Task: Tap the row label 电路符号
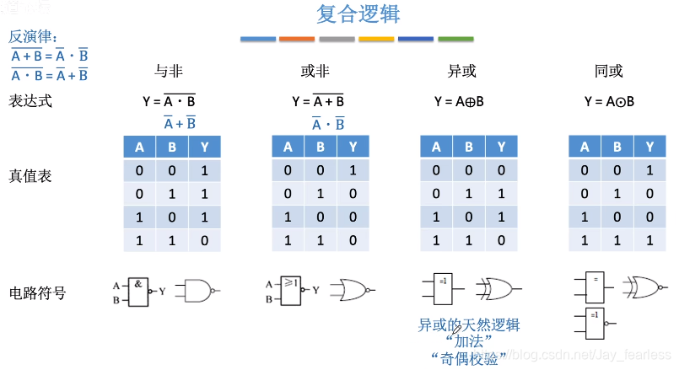click(x=37, y=293)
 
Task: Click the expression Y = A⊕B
click(x=459, y=101)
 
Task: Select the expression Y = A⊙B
click(x=608, y=101)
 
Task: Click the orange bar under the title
click(x=297, y=39)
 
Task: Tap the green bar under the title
click(x=455, y=39)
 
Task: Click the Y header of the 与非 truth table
click(x=204, y=147)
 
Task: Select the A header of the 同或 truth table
click(x=585, y=147)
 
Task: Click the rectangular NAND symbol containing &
click(x=138, y=290)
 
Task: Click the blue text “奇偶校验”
click(x=468, y=359)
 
